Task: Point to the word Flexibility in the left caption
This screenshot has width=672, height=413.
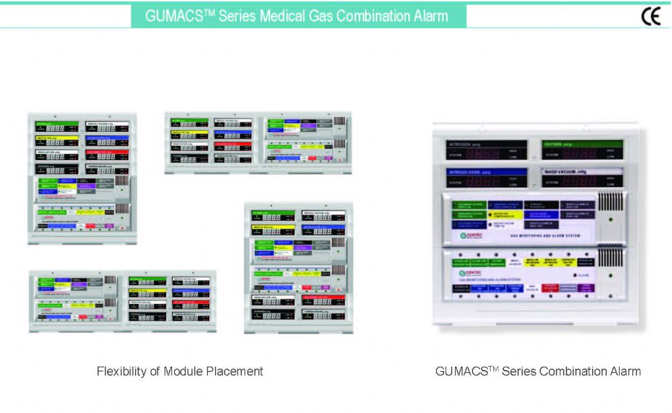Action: click(x=124, y=371)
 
